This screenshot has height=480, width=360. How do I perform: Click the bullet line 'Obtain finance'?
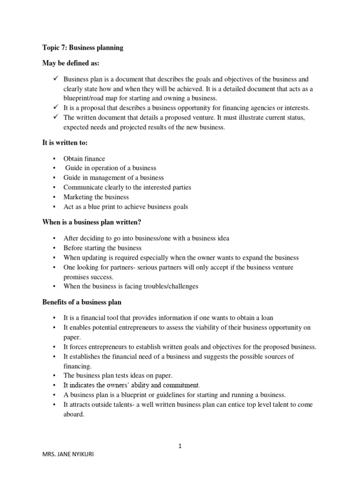[84, 158]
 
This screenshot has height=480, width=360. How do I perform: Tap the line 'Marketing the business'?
[96, 197]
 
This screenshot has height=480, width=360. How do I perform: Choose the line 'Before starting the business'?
[102, 247]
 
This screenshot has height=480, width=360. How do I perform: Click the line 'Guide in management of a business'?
[113, 178]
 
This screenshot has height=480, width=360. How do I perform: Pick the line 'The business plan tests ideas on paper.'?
[118, 375]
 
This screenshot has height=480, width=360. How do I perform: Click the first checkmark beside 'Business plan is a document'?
[55, 79]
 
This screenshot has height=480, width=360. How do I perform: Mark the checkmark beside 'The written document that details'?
[55, 117]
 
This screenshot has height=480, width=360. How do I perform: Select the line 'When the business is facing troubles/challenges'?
[131, 286]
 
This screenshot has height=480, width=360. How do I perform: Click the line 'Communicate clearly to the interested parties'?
[127, 187]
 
